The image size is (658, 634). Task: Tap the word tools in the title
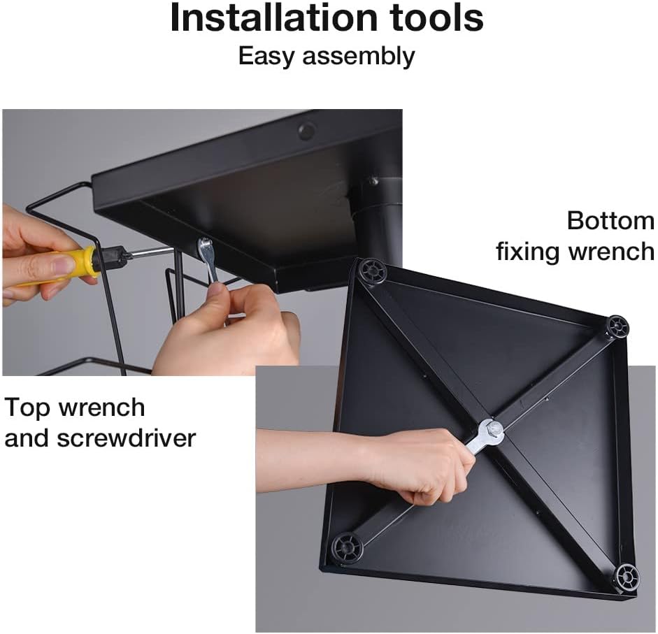click(436, 17)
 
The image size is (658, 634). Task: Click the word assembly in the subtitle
click(359, 57)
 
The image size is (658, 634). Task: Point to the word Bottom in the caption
click(610, 220)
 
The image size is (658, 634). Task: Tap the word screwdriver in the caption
click(127, 438)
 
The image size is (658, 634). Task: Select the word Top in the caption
click(27, 408)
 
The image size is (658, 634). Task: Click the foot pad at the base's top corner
click(372, 271)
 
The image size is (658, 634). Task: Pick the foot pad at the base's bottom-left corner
click(347, 547)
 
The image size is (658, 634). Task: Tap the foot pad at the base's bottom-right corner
click(628, 579)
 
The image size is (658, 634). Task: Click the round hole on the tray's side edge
click(307, 131)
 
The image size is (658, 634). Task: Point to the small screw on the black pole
click(373, 181)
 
